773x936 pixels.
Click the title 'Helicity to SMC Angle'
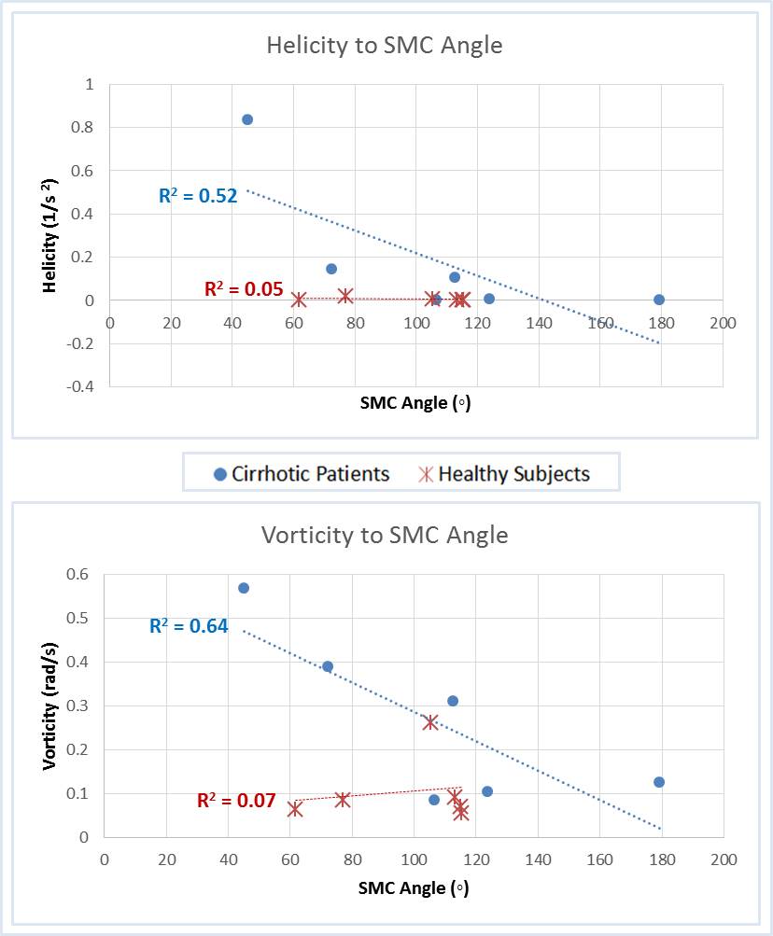click(x=384, y=45)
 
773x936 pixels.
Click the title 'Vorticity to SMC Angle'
click(x=384, y=536)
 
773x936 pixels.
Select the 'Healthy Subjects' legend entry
click(x=503, y=474)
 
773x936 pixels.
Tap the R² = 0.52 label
click(x=196, y=196)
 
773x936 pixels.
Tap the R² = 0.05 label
click(x=244, y=289)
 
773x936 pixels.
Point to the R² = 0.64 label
click(x=189, y=626)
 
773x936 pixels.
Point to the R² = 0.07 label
click(x=236, y=800)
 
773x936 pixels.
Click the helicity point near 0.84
click(x=247, y=119)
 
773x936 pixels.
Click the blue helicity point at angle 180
click(x=659, y=300)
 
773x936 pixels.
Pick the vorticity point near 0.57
click(x=244, y=588)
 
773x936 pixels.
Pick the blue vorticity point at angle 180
click(x=659, y=782)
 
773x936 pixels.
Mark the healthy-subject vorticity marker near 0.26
click(x=430, y=722)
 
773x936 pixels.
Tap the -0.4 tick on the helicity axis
click(x=82, y=386)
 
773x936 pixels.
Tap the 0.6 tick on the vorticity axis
click(x=78, y=574)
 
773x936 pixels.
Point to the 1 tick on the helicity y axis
click(x=90, y=84)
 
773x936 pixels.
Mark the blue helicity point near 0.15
click(x=331, y=269)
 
